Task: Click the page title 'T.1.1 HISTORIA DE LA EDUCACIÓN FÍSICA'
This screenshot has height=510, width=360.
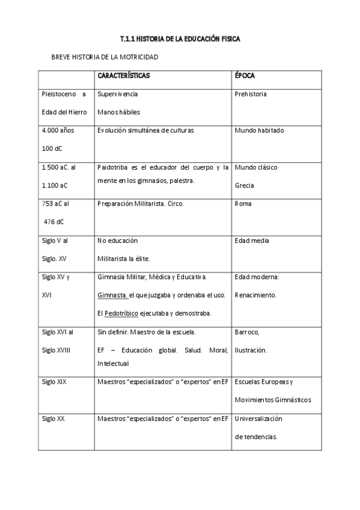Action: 180,39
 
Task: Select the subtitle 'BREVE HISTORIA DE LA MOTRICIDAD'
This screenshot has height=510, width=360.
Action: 106,57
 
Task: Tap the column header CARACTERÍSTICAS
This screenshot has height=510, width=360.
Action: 124,76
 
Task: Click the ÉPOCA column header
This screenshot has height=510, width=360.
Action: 245,76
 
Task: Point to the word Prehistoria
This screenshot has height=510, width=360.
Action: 251,94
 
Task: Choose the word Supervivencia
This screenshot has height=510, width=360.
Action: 117,94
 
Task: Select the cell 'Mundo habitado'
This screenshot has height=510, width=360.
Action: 260,131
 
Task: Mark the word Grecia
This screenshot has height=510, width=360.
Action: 245,185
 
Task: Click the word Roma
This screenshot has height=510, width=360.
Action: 243,204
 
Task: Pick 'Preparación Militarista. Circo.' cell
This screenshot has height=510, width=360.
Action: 140,204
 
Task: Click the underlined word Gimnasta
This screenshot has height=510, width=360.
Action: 112,295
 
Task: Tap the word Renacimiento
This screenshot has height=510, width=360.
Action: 256,295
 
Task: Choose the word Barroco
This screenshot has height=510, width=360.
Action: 247,332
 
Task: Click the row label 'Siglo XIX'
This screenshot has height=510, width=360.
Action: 53,382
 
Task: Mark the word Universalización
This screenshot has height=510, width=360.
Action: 258,419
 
